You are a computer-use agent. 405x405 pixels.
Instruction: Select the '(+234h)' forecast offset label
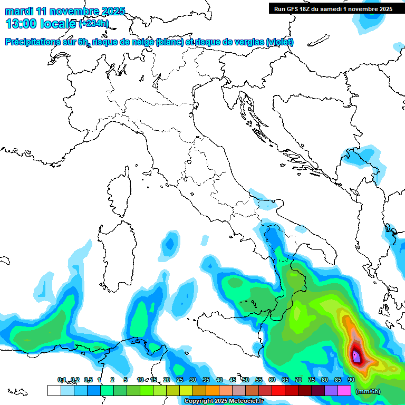93,24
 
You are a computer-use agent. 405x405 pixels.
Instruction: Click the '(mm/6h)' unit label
368,391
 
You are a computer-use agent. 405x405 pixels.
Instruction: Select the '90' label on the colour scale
351,380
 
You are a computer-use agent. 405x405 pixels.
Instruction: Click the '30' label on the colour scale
192,380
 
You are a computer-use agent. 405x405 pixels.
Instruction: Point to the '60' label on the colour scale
272,380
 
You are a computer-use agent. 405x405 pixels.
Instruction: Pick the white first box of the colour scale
54,390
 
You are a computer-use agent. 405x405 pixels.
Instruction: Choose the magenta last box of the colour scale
344,390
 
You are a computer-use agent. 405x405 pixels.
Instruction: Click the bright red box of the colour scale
278,390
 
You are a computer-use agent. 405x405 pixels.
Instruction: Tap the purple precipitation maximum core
357,357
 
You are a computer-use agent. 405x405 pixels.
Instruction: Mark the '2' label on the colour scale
112,380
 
